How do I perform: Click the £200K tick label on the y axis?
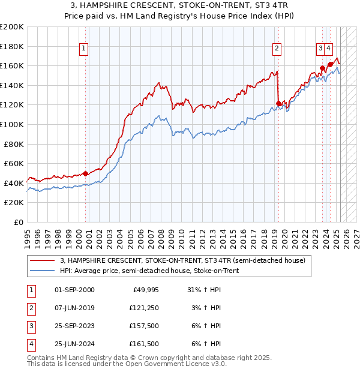(x=11, y=27)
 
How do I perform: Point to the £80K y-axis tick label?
(x=13, y=144)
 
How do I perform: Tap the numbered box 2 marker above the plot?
(x=277, y=49)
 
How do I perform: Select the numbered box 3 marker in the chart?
(x=321, y=49)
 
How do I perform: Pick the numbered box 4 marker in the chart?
(x=329, y=49)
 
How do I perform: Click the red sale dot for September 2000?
(x=85, y=173)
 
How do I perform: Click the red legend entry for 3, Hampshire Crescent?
(x=183, y=261)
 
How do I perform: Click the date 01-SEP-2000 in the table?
(x=74, y=290)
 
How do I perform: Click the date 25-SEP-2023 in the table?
(x=74, y=326)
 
